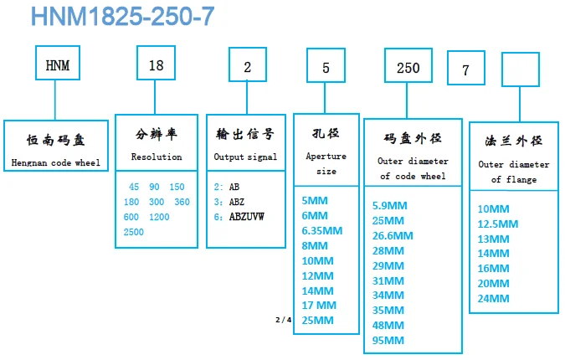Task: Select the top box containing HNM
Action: point(56,65)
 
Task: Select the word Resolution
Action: point(157,157)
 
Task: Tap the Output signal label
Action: point(245,157)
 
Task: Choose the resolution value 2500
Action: point(134,232)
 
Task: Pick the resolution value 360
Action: point(182,202)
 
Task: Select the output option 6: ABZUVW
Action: point(239,217)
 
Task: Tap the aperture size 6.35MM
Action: point(321,230)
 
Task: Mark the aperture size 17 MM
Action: point(318,306)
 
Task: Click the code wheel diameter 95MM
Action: point(388,340)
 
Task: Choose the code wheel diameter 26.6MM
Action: point(393,235)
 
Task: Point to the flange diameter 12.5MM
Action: point(498,224)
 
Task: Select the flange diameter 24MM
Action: point(493,298)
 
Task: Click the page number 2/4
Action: point(284,320)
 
